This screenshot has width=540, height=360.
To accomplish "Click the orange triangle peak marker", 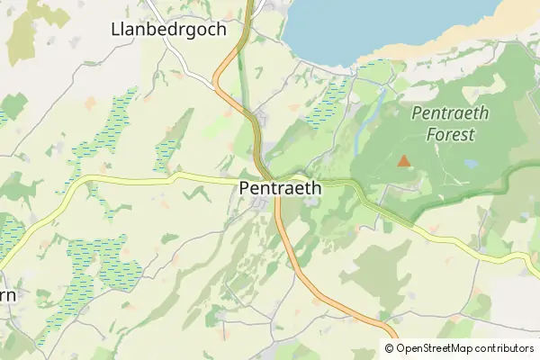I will click(403, 161).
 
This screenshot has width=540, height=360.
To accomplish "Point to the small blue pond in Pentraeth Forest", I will click(470, 165).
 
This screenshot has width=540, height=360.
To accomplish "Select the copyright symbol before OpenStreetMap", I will click(390, 348).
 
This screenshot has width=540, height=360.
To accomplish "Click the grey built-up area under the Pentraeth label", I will click(266, 207).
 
